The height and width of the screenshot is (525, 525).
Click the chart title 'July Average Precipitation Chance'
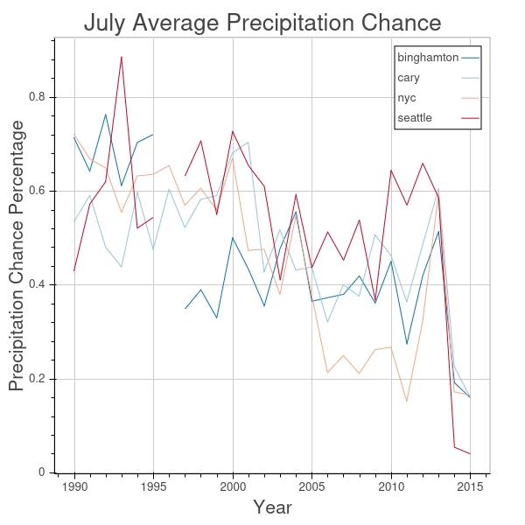tap(262, 23)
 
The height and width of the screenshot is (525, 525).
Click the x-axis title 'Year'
tap(271, 507)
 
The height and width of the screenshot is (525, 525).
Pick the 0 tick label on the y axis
tap(41, 472)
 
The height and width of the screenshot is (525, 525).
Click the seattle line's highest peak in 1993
tap(122, 57)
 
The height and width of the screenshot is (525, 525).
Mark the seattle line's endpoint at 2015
tap(470, 453)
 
